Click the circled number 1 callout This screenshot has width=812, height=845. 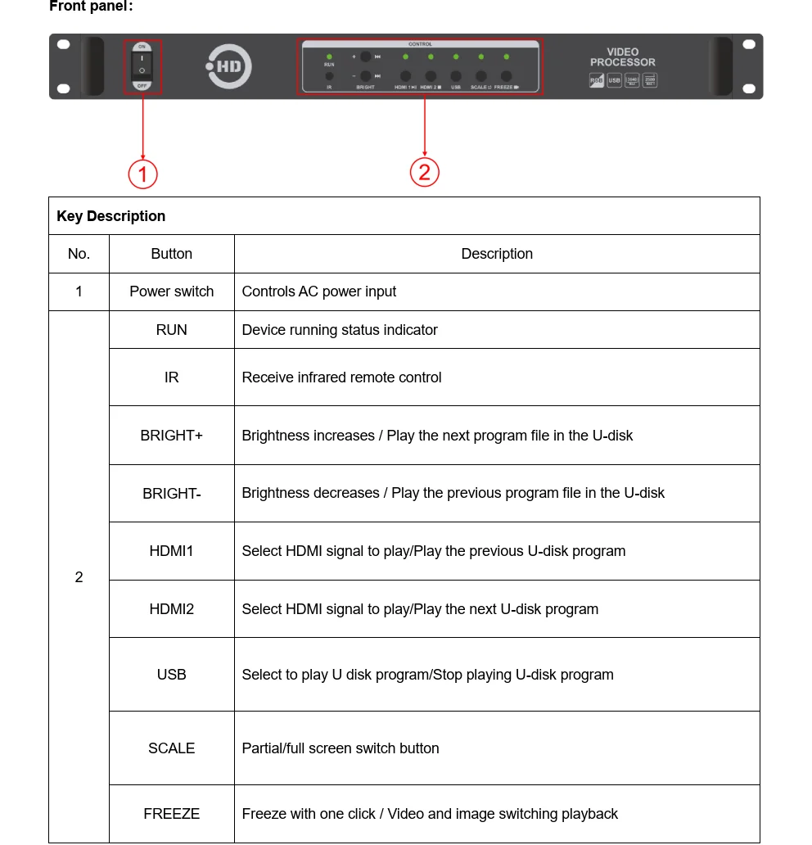pyautogui.click(x=142, y=174)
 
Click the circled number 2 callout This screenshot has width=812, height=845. pyautogui.click(x=424, y=172)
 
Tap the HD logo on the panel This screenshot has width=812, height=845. pyautogui.click(x=228, y=66)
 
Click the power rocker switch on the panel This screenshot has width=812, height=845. pyautogui.click(x=142, y=66)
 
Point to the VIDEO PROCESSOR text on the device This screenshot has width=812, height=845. pyautogui.click(x=622, y=57)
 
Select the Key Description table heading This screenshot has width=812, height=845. pyautogui.click(x=111, y=216)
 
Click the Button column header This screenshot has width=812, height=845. pyautogui.click(x=172, y=254)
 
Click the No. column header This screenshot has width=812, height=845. pyautogui.click(x=79, y=254)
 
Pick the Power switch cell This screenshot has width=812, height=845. pyautogui.click(x=172, y=291)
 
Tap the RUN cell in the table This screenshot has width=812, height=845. pyautogui.click(x=172, y=330)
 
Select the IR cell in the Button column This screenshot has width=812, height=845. pyautogui.click(x=172, y=377)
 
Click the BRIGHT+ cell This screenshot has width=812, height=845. pyautogui.click(x=172, y=436)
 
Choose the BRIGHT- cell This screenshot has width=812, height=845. pyautogui.click(x=172, y=493)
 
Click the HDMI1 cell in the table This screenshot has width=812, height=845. pyautogui.click(x=172, y=551)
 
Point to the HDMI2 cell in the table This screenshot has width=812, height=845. pyautogui.click(x=172, y=609)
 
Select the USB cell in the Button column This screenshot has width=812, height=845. pyautogui.click(x=172, y=675)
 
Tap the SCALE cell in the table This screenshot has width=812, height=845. pyautogui.click(x=172, y=748)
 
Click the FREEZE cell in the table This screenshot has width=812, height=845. pyautogui.click(x=172, y=814)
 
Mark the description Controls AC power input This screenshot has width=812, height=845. pyautogui.click(x=319, y=291)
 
